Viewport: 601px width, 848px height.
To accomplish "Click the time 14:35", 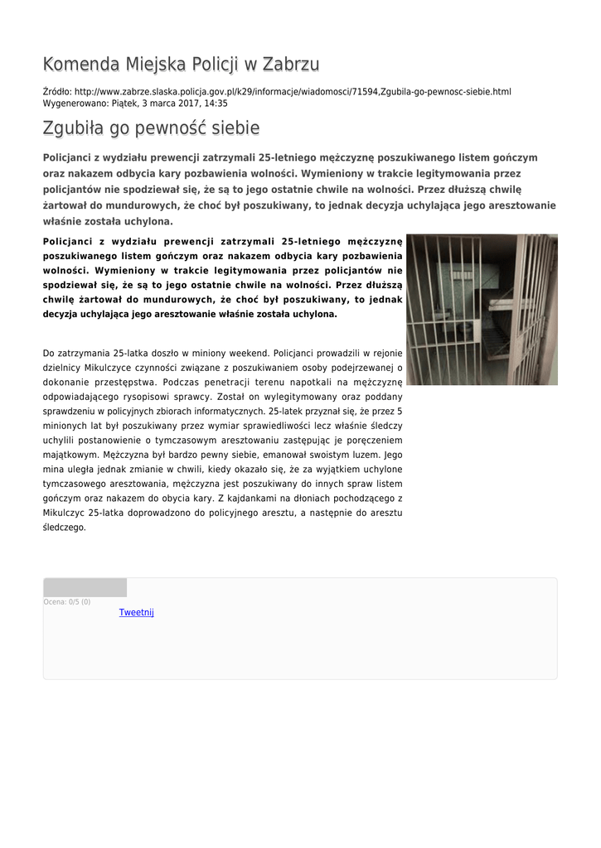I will (217, 104).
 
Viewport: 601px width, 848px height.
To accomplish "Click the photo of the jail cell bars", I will (482, 309).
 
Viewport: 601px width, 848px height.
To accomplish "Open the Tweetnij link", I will (136, 613).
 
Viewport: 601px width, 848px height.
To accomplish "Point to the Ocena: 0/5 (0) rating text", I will (67, 602).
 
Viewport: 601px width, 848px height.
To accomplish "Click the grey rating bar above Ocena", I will (85, 587).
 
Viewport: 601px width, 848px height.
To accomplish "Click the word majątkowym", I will (70, 455).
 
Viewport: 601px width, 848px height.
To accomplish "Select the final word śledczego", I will (64, 528).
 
